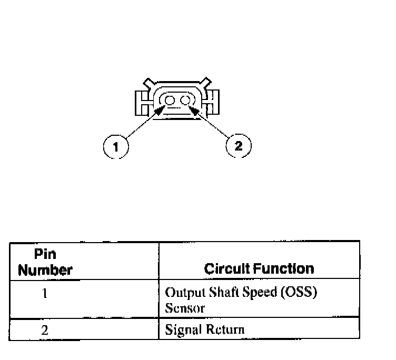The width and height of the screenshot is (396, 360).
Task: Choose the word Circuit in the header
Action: click(227, 269)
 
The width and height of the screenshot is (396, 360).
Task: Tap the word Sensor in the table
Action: click(184, 308)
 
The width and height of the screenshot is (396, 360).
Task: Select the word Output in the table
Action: click(181, 293)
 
